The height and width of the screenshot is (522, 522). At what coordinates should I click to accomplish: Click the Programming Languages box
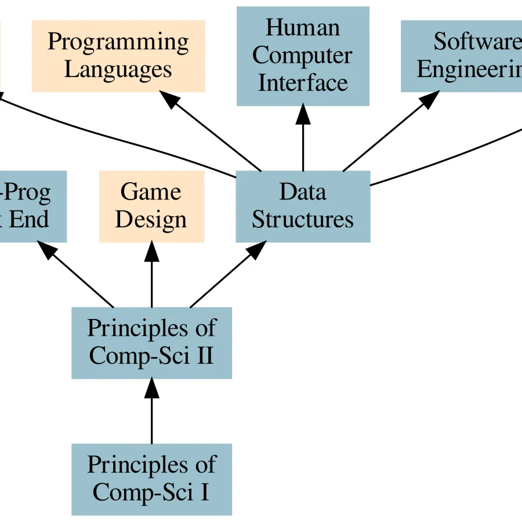pos(118,56)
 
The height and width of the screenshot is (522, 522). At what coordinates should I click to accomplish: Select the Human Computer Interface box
pos(303,56)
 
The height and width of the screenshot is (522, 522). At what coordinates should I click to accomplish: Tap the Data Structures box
pos(303,206)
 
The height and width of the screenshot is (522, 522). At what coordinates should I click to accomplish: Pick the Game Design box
pos(151,206)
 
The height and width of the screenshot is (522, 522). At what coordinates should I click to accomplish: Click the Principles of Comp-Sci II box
pos(151,342)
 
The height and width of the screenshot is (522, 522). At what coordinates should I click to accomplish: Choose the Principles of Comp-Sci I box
pos(151,479)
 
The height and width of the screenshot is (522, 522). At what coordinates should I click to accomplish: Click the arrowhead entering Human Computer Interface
pos(303,115)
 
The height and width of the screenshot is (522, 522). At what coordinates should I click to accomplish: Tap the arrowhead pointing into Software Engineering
pos(430,100)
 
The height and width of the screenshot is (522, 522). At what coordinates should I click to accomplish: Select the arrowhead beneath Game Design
pos(151,251)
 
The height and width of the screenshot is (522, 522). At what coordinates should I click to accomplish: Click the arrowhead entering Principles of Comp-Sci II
pos(151,388)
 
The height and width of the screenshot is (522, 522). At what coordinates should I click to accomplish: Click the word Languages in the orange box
pos(118,70)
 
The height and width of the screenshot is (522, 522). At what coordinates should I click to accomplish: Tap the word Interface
pos(303,82)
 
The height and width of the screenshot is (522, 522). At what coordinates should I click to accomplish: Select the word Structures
pos(303,220)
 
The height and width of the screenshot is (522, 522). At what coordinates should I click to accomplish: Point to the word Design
pos(151,220)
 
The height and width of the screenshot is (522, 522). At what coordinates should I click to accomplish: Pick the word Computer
pos(303,56)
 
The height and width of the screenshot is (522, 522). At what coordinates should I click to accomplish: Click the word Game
pos(151,192)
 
